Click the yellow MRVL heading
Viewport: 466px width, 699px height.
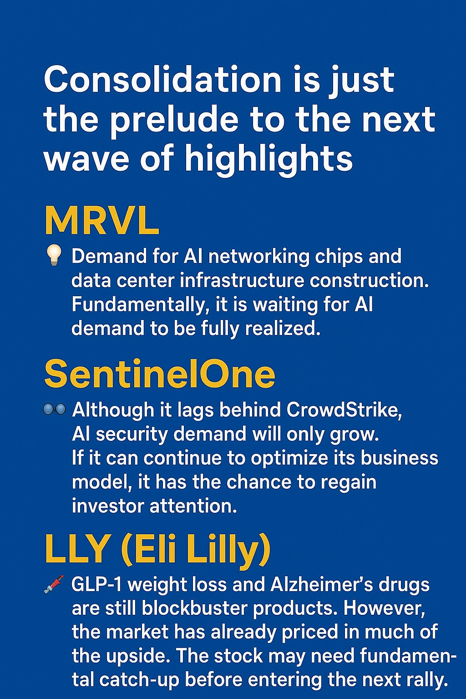click(102, 220)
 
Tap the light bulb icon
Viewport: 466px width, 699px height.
click(54, 255)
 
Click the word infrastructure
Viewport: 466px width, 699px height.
click(242, 280)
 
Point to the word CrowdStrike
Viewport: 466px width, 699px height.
click(344, 410)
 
